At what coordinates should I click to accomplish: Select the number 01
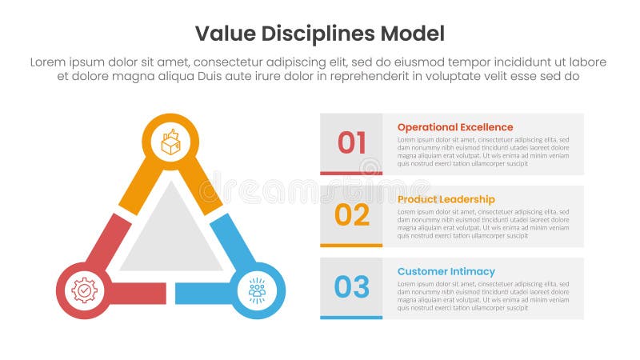(351, 142)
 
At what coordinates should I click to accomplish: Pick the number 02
(351, 214)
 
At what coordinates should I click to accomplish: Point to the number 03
(351, 286)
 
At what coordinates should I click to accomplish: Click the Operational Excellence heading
(455, 127)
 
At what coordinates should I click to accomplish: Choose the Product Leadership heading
(446, 199)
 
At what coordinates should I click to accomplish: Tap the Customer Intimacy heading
(446, 271)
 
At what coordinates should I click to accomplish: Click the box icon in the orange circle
(170, 142)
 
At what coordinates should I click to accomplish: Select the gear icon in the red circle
(84, 290)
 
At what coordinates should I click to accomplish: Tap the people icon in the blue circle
(257, 290)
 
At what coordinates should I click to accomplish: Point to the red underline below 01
(351, 173)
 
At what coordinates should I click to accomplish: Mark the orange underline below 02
(351, 245)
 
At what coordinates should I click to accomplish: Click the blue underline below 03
(351, 317)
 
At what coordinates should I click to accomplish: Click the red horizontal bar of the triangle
(136, 294)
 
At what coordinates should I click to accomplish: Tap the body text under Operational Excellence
(483, 151)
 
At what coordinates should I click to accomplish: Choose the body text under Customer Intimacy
(483, 295)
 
